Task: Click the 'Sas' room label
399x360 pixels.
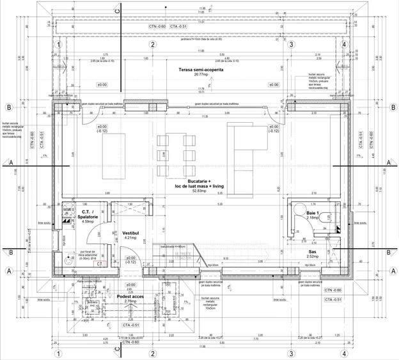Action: (x=313, y=253)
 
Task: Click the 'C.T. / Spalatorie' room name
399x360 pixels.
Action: (x=89, y=215)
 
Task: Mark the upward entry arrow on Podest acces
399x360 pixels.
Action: (x=130, y=310)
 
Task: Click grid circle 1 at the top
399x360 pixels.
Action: (x=58, y=45)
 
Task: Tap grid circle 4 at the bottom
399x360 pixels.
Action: (x=344, y=353)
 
